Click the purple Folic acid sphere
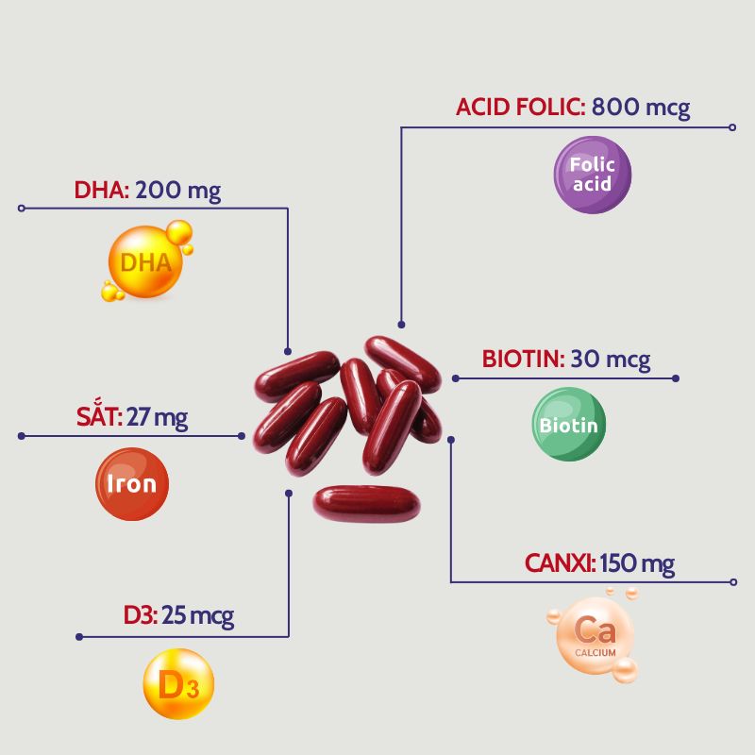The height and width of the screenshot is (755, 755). pyautogui.click(x=592, y=175)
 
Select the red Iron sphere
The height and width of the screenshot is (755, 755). pyautogui.click(x=132, y=485)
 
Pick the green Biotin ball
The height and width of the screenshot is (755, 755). pyautogui.click(x=568, y=425)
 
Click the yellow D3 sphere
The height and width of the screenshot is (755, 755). pyautogui.click(x=177, y=684)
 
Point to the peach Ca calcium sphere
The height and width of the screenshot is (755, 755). pyautogui.click(x=596, y=635)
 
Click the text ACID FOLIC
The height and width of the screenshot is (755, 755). pyautogui.click(x=520, y=108)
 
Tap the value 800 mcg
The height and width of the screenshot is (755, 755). pyautogui.click(x=642, y=108)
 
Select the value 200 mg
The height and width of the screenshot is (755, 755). pyautogui.click(x=178, y=192)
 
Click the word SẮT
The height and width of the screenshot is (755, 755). pyautogui.click(x=99, y=417)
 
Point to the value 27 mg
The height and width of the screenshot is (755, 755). pyautogui.click(x=158, y=417)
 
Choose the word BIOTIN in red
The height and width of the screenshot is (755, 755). pyautogui.click(x=523, y=360)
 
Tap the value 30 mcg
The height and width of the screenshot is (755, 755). pyautogui.click(x=611, y=360)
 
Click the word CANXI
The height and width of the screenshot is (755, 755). pyautogui.click(x=560, y=564)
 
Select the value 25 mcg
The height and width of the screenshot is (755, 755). pyautogui.click(x=198, y=617)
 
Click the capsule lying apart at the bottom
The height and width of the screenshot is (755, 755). pyautogui.click(x=366, y=503)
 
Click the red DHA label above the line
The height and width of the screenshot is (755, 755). pyautogui.click(x=101, y=192)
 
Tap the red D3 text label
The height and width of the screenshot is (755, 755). pyautogui.click(x=141, y=617)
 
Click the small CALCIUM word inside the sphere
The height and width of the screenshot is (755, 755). pyautogui.click(x=596, y=652)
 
